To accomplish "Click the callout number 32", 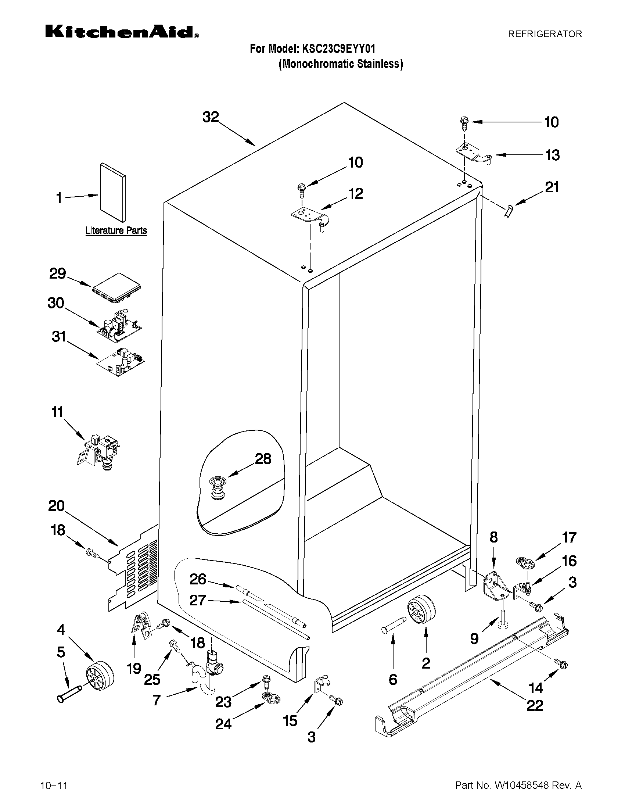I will tap(211, 117).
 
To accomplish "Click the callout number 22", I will tap(535, 706).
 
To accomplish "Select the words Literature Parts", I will tap(116, 230).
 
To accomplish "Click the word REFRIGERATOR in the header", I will tap(545, 34).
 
